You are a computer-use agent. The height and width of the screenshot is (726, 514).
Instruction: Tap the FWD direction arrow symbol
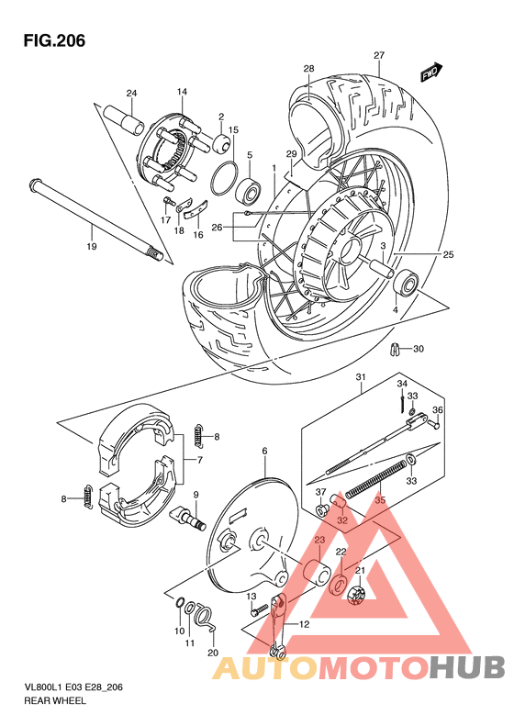pos(430,73)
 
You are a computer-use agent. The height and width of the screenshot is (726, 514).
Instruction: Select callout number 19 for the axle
pos(91,247)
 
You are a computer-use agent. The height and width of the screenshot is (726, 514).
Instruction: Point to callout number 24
pos(131,94)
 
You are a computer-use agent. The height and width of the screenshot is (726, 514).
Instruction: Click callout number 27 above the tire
pos(378,55)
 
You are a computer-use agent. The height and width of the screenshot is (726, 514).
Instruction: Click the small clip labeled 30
pos(394,349)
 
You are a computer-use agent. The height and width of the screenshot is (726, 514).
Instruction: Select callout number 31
pos(361,378)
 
